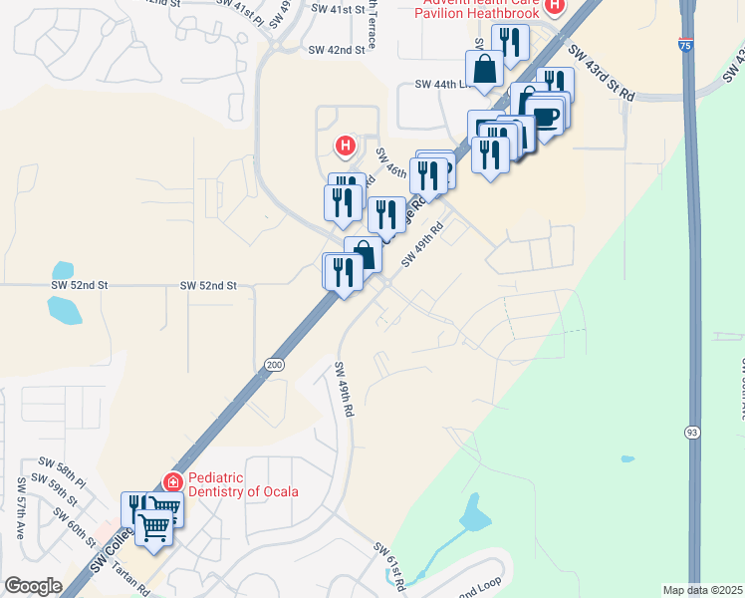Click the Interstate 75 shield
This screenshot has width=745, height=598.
tap(685, 44)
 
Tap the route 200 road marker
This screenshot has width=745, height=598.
tap(274, 367)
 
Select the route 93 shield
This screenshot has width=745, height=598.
tap(690, 432)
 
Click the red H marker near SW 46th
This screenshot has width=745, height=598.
tap(346, 148)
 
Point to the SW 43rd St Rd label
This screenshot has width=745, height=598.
tap(602, 72)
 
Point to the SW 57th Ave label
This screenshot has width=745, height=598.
tap(19, 508)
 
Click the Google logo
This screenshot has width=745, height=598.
tap(33, 586)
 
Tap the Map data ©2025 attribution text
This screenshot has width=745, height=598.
tap(701, 590)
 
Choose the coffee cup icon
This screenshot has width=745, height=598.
tap(547, 115)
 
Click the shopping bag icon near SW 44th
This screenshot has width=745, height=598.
tap(484, 71)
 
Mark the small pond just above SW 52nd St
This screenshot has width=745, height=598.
tap(63, 270)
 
